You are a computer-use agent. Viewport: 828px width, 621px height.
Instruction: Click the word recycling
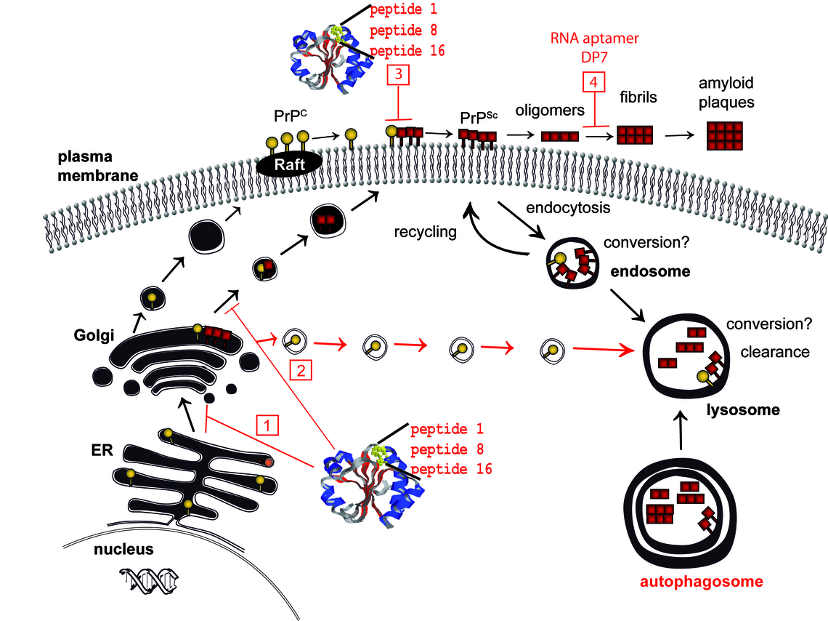point(425,233)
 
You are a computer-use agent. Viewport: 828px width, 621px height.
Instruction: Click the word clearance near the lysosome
point(774,352)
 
